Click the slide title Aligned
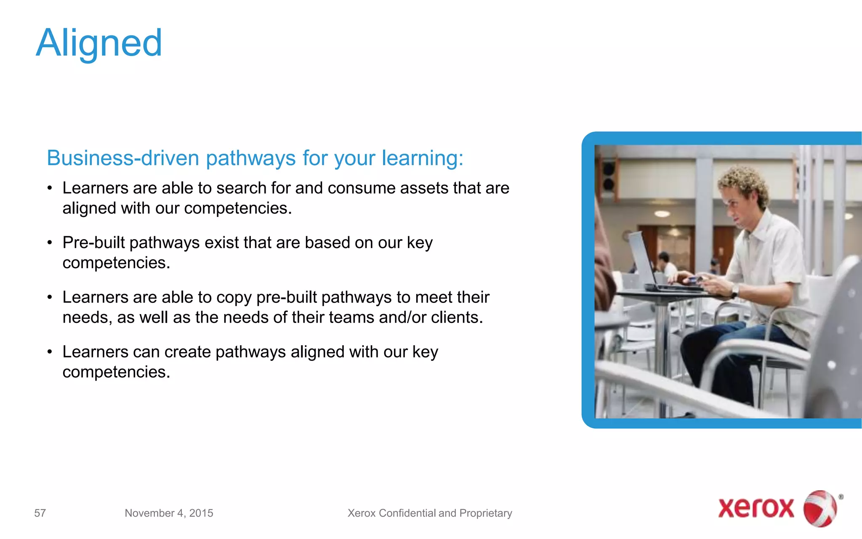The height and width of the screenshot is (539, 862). pyautogui.click(x=99, y=43)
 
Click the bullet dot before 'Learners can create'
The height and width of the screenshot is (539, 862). pyautogui.click(x=50, y=352)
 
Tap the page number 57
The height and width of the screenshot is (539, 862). pyautogui.click(x=40, y=513)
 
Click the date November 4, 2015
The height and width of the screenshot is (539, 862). pyautogui.click(x=169, y=513)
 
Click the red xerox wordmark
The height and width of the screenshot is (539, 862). pyautogui.click(x=756, y=508)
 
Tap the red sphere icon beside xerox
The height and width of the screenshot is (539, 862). pyautogui.click(x=820, y=508)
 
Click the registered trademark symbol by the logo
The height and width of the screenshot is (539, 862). pyautogui.click(x=841, y=497)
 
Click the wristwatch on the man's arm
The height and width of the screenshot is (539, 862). pyautogui.click(x=734, y=291)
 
